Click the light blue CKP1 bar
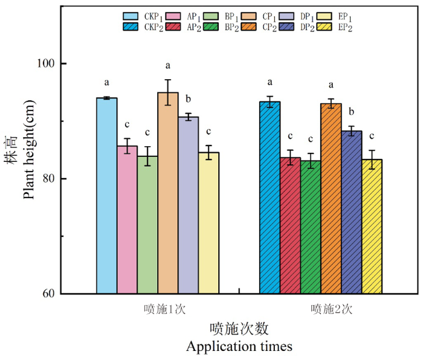[x=107, y=196]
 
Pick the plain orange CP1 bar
[x=168, y=193]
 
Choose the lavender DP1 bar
[x=188, y=205]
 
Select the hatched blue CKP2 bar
[x=270, y=198]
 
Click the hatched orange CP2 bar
[x=331, y=199]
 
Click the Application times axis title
[x=239, y=347]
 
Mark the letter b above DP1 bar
[x=188, y=99]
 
